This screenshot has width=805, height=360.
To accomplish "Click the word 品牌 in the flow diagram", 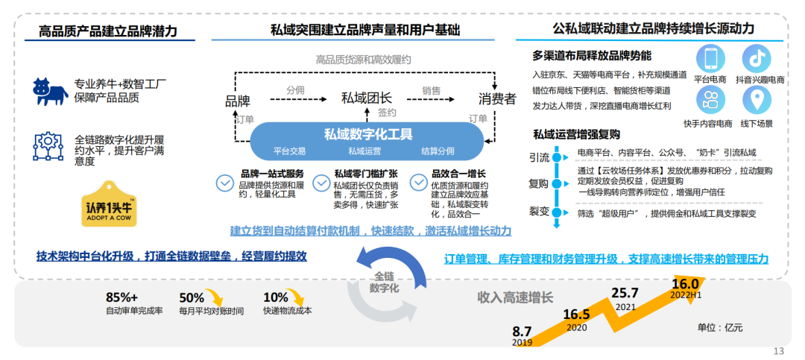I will (238, 99).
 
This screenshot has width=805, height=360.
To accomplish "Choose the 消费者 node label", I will (496, 99).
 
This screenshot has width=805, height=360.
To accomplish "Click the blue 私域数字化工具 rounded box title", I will (368, 134).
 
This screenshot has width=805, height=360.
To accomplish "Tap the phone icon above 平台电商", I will (711, 58).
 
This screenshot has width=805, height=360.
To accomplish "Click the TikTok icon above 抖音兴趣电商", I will (757, 58).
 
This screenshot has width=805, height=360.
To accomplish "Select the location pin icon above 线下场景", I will (757, 101).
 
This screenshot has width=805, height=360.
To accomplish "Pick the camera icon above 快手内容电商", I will (711, 101).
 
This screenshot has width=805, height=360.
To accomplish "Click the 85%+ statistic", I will (122, 296).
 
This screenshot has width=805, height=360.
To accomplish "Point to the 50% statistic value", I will (192, 296).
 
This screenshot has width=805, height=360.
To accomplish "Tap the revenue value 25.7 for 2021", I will (625, 292).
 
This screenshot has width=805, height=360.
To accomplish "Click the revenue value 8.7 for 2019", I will (521, 330).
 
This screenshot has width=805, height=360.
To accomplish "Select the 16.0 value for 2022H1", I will (685, 283).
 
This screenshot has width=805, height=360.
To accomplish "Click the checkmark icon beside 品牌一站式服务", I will (224, 182).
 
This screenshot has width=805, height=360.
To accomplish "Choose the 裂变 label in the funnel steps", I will (539, 211).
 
